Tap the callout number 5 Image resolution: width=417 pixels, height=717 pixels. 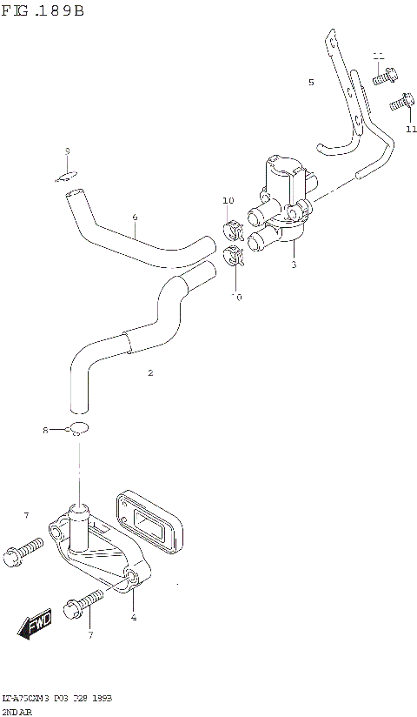coord(310,83)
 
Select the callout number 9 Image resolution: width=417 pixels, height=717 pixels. coord(67,151)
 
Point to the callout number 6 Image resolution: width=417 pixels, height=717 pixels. coord(135,217)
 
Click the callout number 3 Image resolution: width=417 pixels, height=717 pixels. coord(294,265)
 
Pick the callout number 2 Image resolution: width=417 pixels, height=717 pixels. coord(150,372)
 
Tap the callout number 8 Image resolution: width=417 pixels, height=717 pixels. coord(46,430)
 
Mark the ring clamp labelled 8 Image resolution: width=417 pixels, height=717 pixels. coord(78,428)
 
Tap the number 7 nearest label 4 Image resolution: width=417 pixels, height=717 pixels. coord(90,635)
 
